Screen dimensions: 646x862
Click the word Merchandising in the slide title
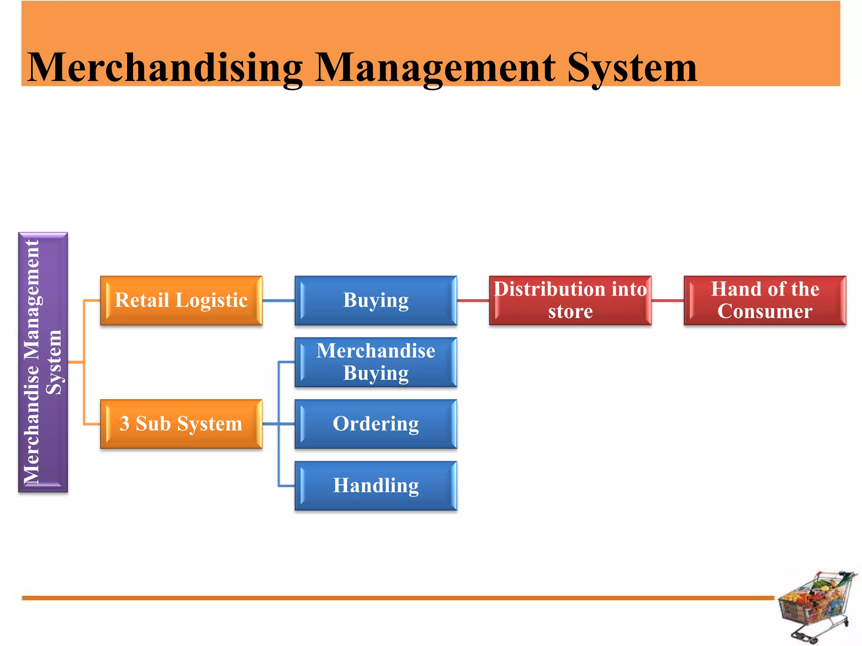pyautogui.click(x=164, y=67)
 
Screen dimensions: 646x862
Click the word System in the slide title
pyautogui.click(x=631, y=67)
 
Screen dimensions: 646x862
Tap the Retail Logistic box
pyautogui.click(x=181, y=300)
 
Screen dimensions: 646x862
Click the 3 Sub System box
pyautogui.click(x=181, y=424)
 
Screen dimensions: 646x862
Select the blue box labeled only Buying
pyautogui.click(x=375, y=300)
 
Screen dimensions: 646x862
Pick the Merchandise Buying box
pyautogui.click(x=375, y=362)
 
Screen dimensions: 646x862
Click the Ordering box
pyautogui.click(x=375, y=424)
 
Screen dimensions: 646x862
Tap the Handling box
pyautogui.click(x=375, y=485)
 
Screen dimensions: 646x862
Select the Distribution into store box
pyautogui.click(x=570, y=300)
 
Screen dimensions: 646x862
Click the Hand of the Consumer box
pyautogui.click(x=765, y=300)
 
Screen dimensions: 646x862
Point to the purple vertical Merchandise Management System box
pyautogui.click(x=43, y=362)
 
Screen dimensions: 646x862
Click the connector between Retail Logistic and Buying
pyautogui.click(x=278, y=300)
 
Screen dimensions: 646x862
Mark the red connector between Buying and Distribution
pyautogui.click(x=473, y=300)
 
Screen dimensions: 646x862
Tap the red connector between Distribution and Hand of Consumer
pyautogui.click(x=667, y=300)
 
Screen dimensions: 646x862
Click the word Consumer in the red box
pyautogui.click(x=765, y=312)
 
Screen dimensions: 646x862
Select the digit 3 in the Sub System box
pyautogui.click(x=124, y=424)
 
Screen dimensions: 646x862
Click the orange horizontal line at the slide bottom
pyautogui.click(x=379, y=598)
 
